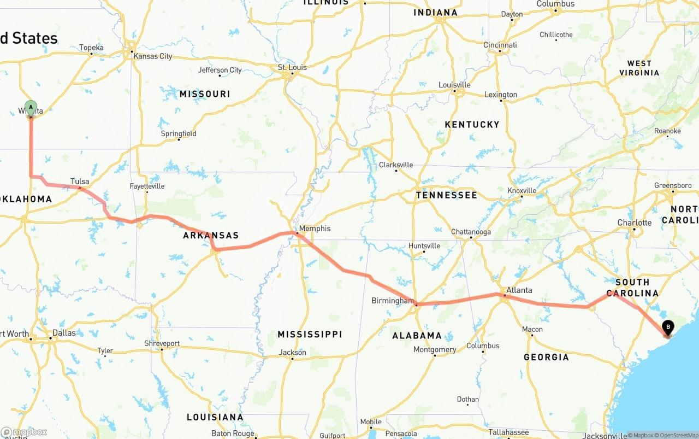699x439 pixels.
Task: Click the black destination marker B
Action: click(667, 327)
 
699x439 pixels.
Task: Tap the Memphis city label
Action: click(315, 229)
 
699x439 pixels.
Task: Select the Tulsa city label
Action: click(80, 182)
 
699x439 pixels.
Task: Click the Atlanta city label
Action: click(519, 290)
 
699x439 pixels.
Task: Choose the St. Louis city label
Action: click(292, 68)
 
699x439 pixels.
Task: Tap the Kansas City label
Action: click(152, 56)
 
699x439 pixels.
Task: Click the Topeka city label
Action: click(91, 48)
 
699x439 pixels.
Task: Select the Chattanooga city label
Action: click(471, 232)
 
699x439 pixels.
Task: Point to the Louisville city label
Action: click(454, 85)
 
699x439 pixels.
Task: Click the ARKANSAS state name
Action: click(211, 236)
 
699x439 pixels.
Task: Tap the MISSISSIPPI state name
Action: click(310, 334)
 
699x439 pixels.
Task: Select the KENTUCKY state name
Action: click(472, 125)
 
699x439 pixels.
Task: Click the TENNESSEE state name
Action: click(446, 195)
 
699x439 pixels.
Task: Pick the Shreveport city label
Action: click(162, 343)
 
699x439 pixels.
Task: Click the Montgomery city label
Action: click(435, 349)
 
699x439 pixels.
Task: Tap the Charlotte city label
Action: click(634, 223)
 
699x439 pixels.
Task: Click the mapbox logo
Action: click(24, 432)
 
